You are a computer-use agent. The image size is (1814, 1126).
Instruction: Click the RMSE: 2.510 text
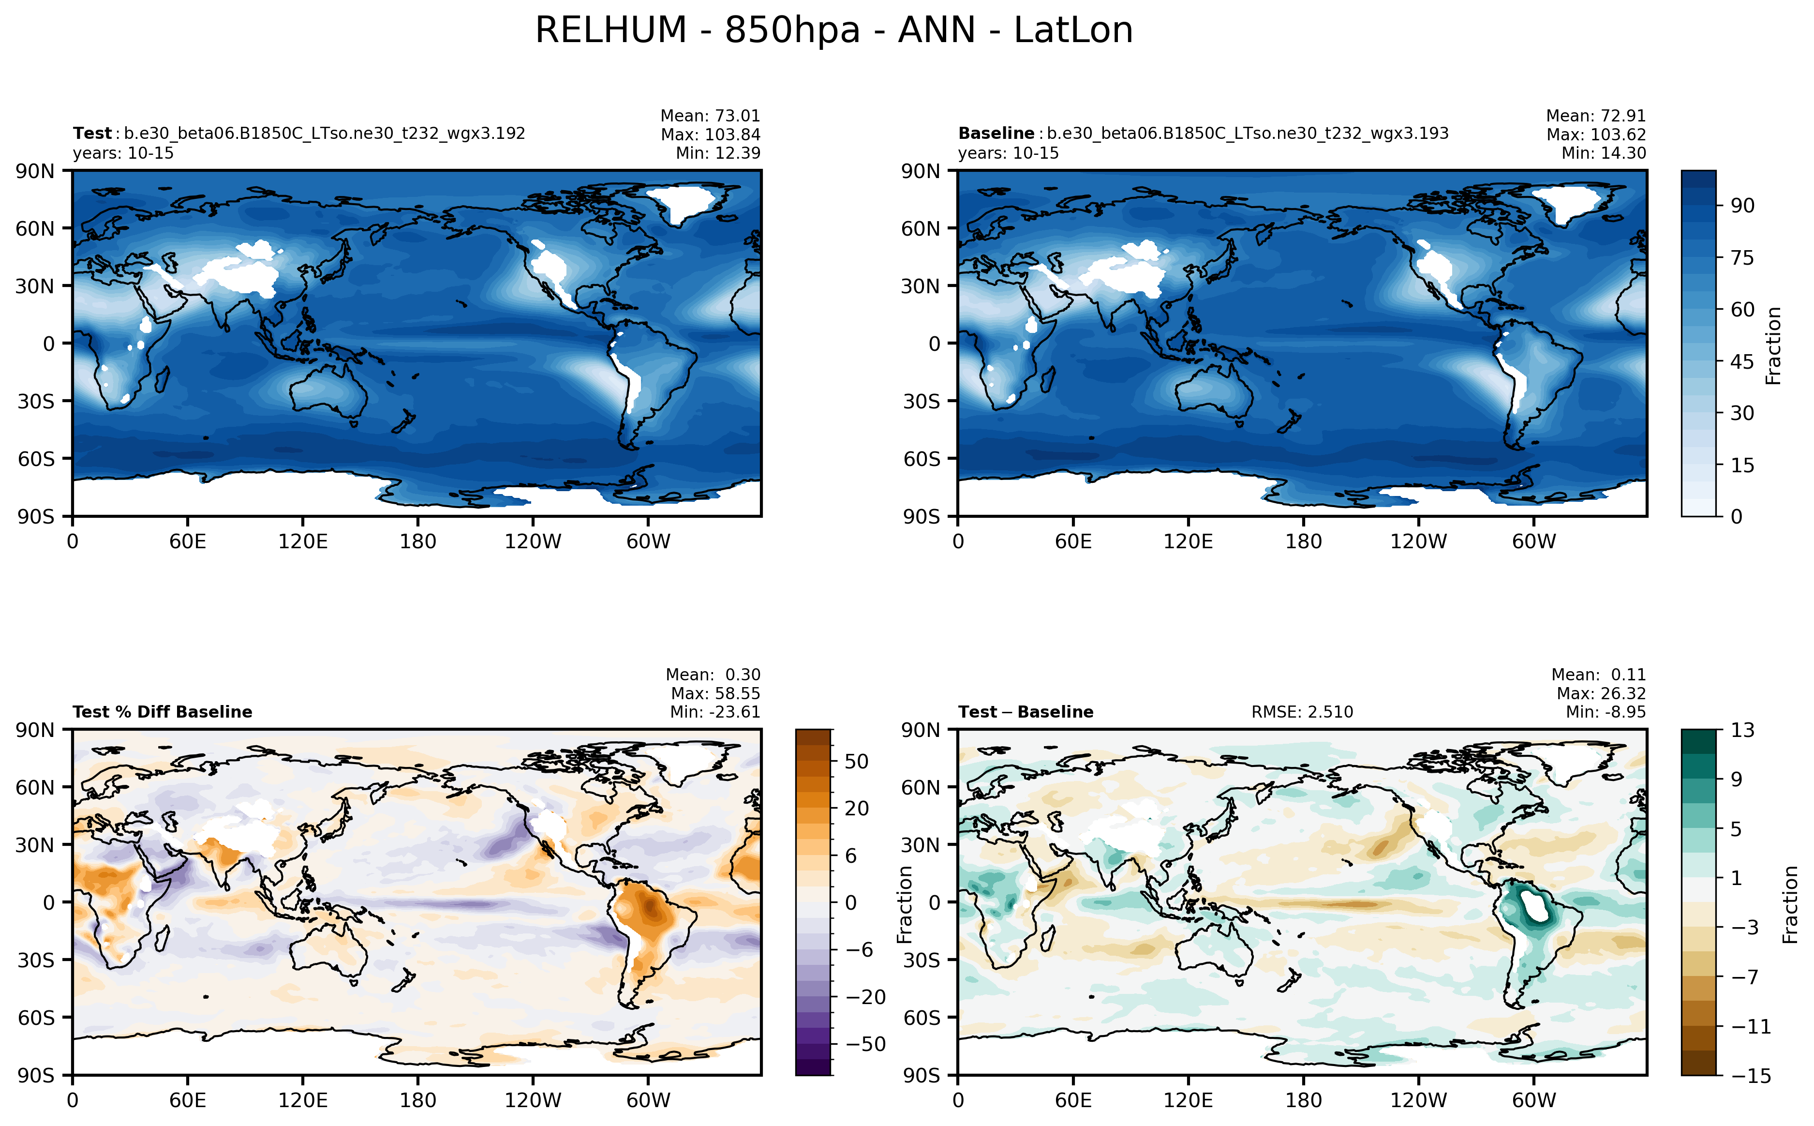coord(1301,712)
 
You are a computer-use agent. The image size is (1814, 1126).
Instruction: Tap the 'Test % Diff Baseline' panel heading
coord(162,712)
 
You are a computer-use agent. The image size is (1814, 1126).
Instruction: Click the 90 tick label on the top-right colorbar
coord(1742,206)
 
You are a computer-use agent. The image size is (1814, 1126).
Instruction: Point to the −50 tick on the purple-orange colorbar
coord(865,1044)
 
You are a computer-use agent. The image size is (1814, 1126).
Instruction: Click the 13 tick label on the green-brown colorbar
coord(1742,730)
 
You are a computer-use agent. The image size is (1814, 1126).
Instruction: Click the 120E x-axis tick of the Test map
coord(302,541)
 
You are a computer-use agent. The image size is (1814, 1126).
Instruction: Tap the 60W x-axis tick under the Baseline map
coord(1533,541)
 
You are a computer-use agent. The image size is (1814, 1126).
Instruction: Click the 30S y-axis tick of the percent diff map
coord(36,960)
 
